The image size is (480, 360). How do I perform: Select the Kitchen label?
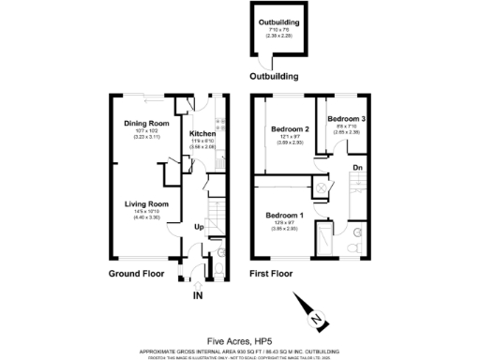[202, 133]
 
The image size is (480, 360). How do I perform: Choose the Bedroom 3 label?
[343, 119]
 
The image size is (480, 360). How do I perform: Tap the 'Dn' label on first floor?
[357, 168]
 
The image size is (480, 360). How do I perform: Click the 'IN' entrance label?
[198, 295]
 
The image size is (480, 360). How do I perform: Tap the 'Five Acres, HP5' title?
[239, 341]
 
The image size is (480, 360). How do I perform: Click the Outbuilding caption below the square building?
[273, 77]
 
